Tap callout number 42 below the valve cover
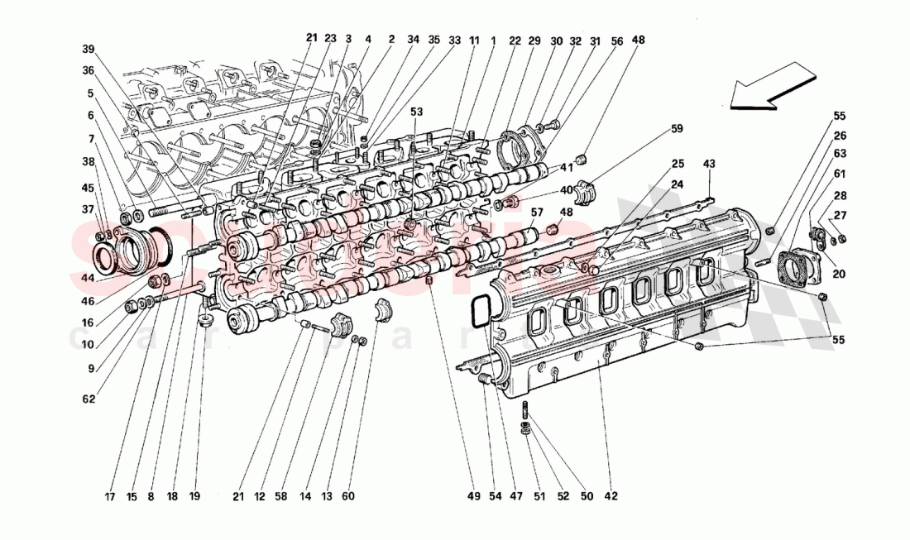[x=611, y=496]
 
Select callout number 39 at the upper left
[x=88, y=49]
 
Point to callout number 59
[x=677, y=128]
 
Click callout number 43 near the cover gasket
[x=708, y=164]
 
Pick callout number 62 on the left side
[x=88, y=399]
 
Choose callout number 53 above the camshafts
[x=415, y=111]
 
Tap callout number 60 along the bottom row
[x=347, y=496]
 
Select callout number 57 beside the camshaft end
[x=537, y=213]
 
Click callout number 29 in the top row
[x=534, y=40]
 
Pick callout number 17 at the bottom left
[x=109, y=496]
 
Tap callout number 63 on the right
[x=840, y=153]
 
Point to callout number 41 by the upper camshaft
[x=566, y=167]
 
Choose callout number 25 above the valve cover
[x=678, y=164]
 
